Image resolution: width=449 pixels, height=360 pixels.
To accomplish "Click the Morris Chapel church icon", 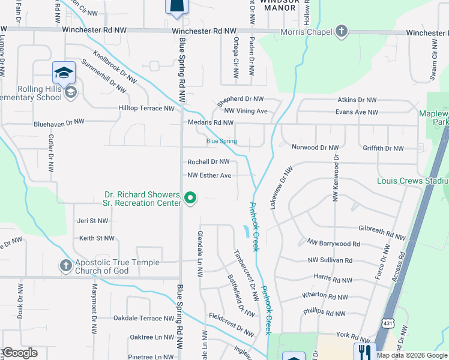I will point(341,31).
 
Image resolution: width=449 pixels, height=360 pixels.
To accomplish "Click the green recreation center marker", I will point(190,197).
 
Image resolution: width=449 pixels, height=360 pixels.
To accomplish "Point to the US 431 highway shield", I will point(388,325).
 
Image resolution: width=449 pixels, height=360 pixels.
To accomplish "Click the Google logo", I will point(19,353).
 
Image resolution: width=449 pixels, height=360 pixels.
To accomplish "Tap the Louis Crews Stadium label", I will point(412,181).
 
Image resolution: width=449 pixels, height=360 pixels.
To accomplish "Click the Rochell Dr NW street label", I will point(208,162).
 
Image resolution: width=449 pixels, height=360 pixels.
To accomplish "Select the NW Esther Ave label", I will point(209,176).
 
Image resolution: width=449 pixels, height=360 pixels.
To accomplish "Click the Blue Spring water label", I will point(221,142).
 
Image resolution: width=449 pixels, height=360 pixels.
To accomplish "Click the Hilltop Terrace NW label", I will point(146,109).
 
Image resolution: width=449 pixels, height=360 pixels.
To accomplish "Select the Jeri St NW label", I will point(92,221).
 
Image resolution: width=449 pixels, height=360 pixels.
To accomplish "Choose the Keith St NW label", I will point(97,238).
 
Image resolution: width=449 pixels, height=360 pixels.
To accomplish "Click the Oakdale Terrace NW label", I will point(139,319).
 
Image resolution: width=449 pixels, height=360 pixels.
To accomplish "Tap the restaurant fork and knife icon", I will point(364,352).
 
